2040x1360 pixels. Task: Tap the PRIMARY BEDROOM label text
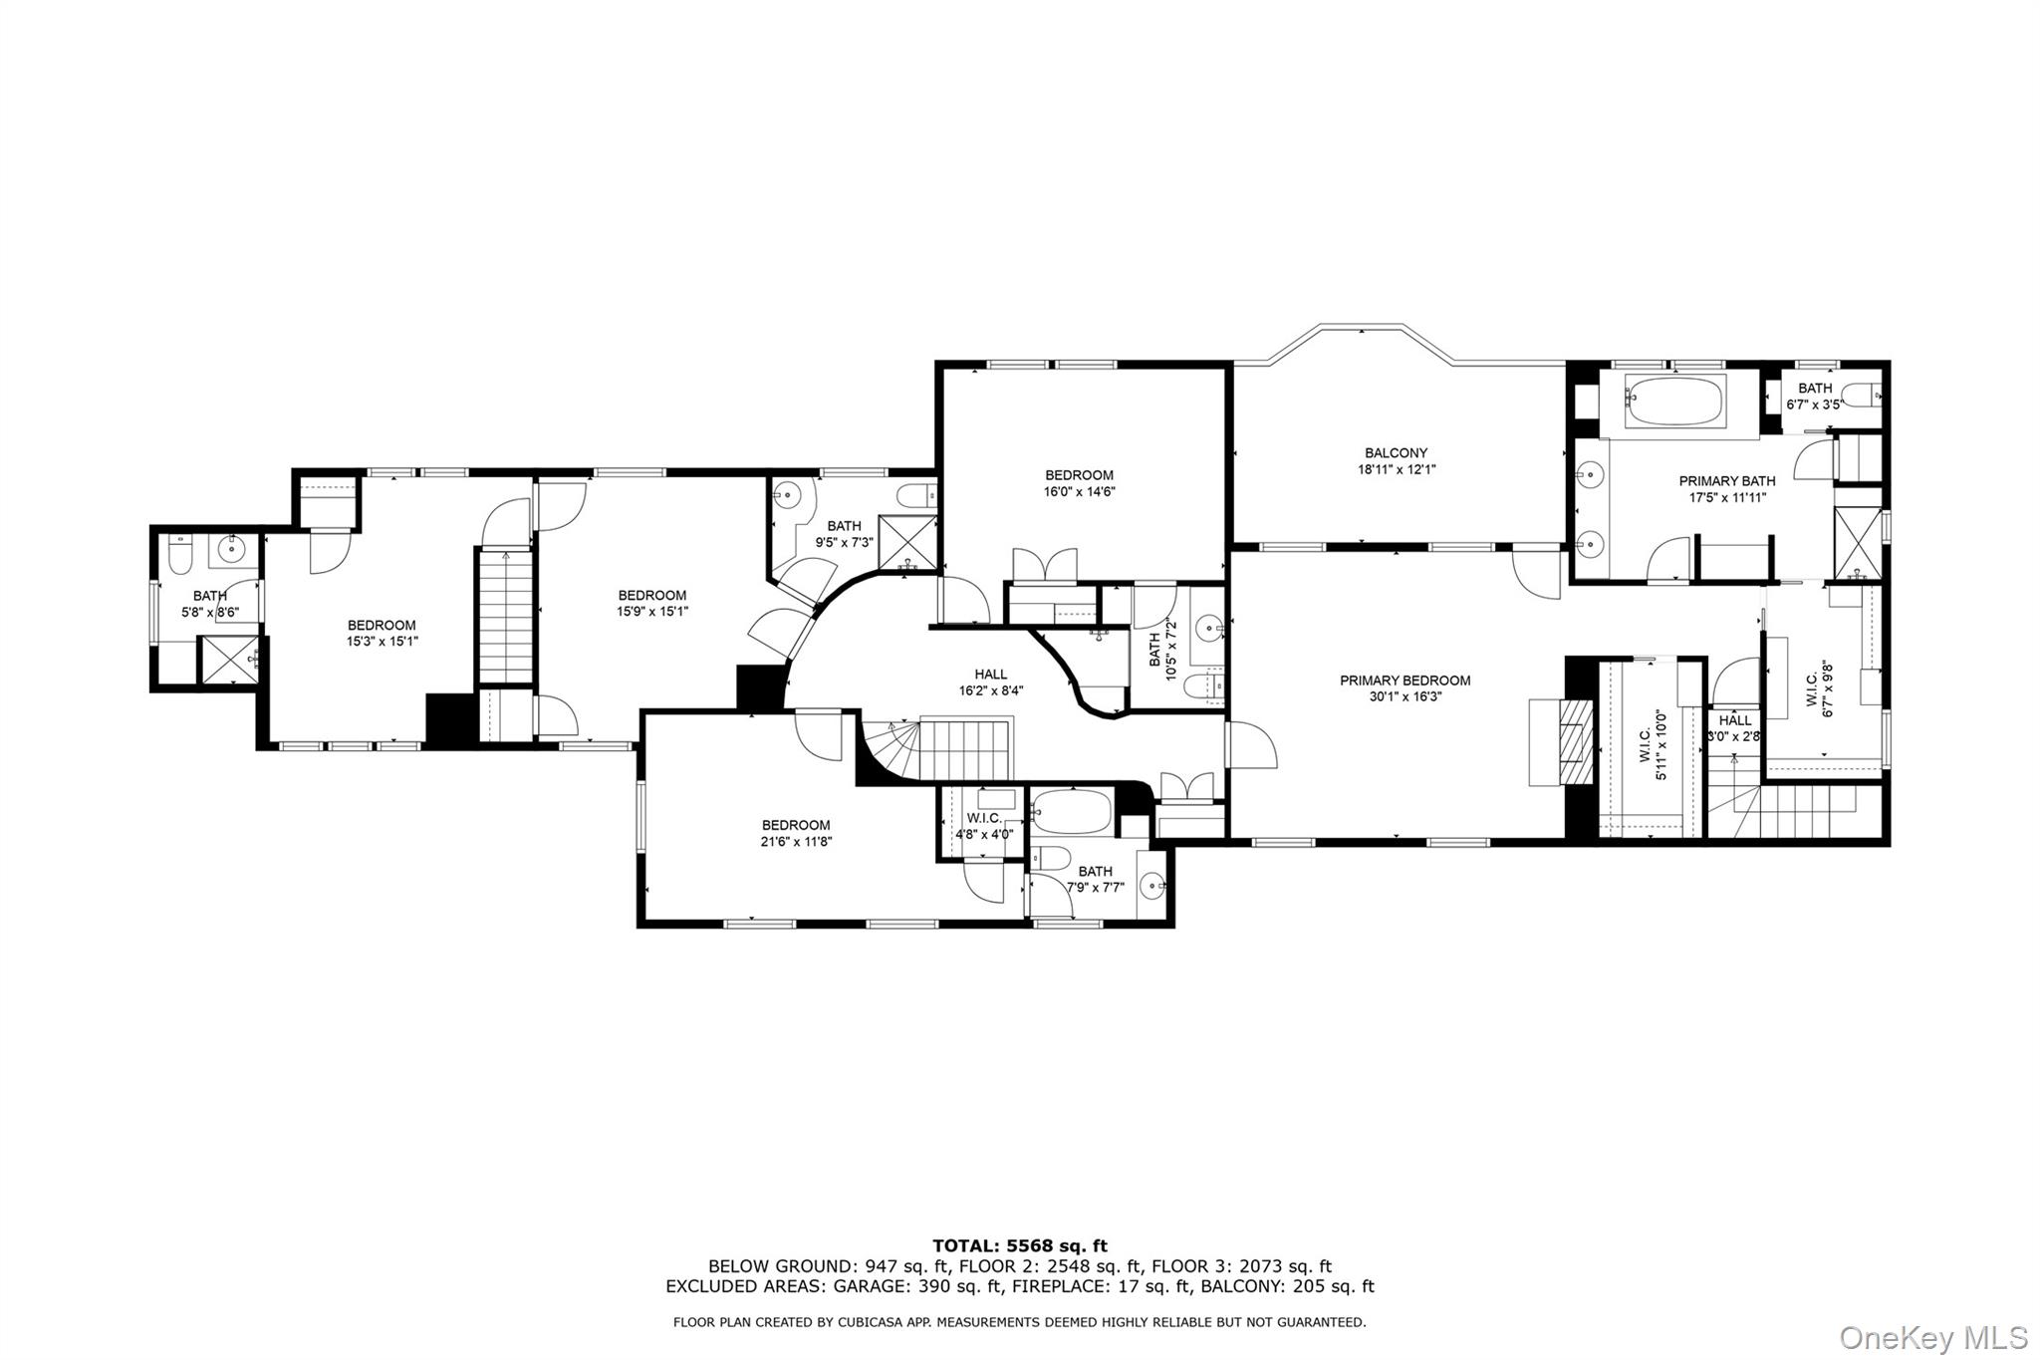pyautogui.click(x=1404, y=680)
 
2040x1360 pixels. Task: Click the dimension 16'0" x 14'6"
pyautogui.click(x=1079, y=491)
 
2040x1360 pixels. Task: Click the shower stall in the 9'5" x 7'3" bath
pyautogui.click(x=907, y=544)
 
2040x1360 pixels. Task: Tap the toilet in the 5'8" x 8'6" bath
pyautogui.click(x=180, y=555)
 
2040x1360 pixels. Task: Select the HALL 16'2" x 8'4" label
pyautogui.click(x=990, y=681)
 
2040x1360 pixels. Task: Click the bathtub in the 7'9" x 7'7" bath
pyautogui.click(x=1071, y=812)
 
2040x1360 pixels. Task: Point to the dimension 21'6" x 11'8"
pyautogui.click(x=795, y=841)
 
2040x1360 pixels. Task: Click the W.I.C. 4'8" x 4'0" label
pyautogui.click(x=983, y=826)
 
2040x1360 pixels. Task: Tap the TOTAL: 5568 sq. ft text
pyautogui.click(x=1019, y=1245)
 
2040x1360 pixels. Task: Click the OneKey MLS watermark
pyautogui.click(x=1932, y=1336)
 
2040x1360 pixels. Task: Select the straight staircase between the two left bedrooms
pyautogui.click(x=506, y=617)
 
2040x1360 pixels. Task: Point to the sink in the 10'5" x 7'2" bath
pyautogui.click(x=1207, y=629)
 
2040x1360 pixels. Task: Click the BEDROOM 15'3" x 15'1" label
pyautogui.click(x=381, y=634)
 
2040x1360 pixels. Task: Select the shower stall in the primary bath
pyautogui.click(x=1859, y=542)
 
